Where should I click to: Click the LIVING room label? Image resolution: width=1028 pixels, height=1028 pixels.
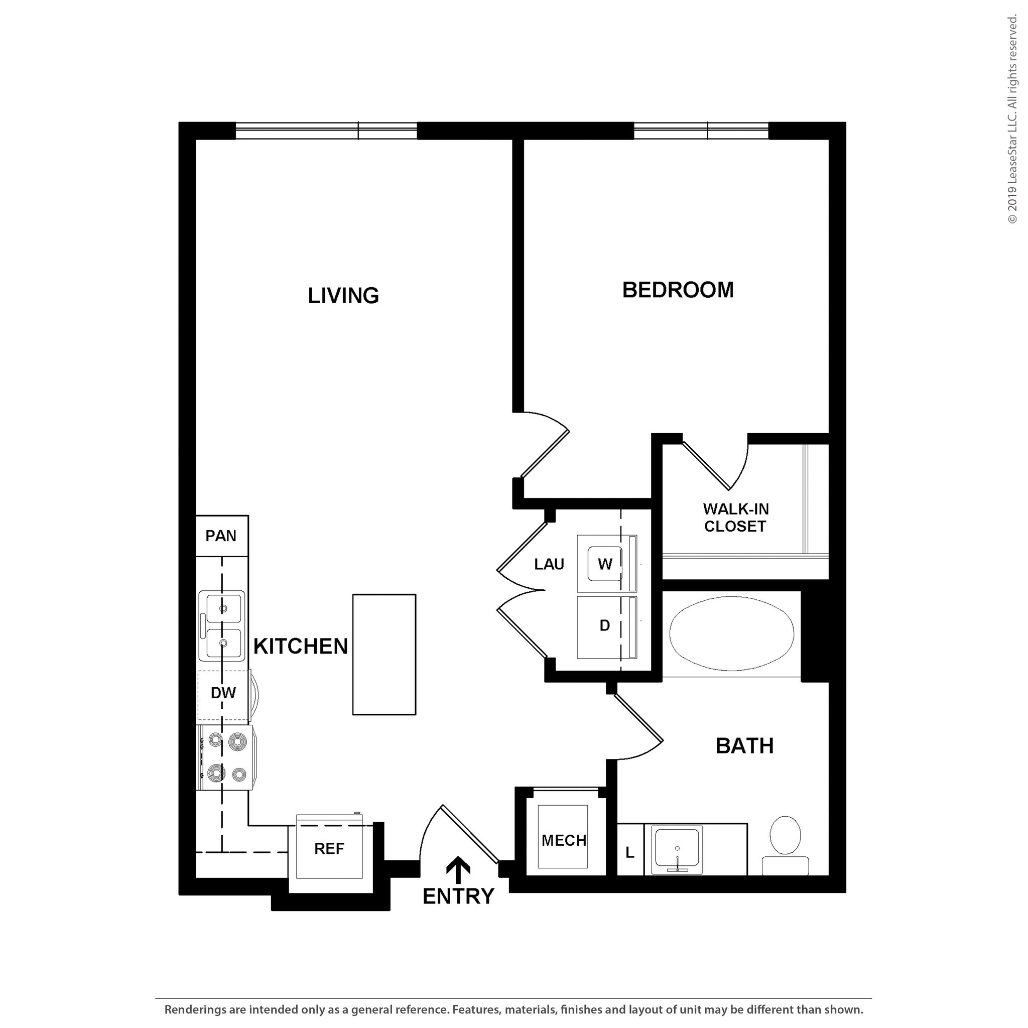click(x=343, y=295)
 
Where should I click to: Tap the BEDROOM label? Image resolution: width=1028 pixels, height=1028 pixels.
click(x=677, y=290)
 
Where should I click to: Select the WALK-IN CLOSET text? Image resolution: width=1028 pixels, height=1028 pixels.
click(x=735, y=517)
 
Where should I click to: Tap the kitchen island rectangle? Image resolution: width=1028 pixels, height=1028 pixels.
click(x=384, y=654)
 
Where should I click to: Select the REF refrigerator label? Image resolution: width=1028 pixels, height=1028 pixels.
click(x=329, y=849)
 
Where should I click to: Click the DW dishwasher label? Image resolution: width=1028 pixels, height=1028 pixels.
click(x=223, y=693)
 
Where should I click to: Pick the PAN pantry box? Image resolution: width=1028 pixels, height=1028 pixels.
click(x=221, y=536)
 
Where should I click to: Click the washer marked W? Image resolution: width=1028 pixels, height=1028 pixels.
click(x=604, y=564)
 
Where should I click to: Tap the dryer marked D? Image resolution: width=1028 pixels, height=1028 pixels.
click(x=604, y=626)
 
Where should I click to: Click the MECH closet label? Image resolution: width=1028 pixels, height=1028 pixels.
click(x=564, y=840)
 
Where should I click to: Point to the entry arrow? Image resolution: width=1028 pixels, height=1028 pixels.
click(x=458, y=869)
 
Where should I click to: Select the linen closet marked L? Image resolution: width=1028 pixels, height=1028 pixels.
click(x=630, y=853)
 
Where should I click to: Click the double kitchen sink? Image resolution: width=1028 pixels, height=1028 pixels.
click(x=222, y=625)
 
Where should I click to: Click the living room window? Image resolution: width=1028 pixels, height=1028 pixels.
click(x=326, y=131)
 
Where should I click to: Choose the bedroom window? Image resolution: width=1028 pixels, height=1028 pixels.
click(x=701, y=131)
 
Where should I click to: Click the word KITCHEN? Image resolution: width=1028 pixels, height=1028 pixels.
click(x=300, y=646)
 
